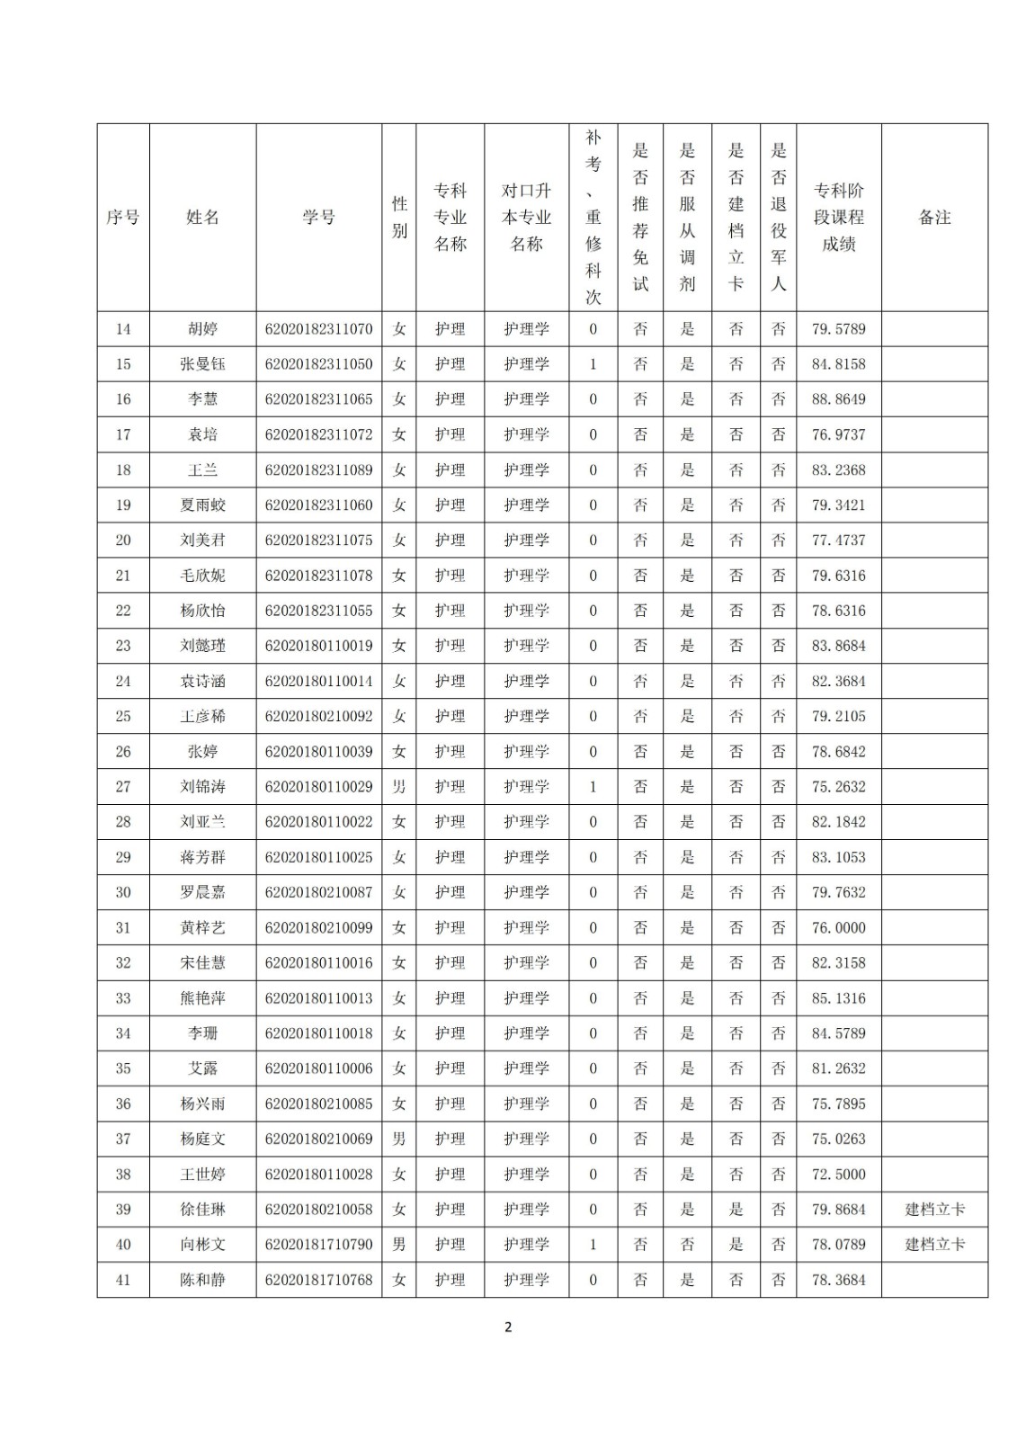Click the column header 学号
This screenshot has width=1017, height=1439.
318,218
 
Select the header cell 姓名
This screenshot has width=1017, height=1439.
202,218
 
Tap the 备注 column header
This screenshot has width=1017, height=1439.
934,218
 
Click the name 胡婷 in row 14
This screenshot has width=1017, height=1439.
202,329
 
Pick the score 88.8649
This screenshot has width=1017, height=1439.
838,399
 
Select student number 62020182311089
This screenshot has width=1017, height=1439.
318,470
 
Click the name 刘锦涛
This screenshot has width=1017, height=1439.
202,787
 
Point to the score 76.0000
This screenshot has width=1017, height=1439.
838,928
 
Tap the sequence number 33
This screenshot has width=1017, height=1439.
123,998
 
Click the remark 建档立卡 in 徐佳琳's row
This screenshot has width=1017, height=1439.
934,1210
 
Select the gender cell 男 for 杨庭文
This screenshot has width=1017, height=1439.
399,1140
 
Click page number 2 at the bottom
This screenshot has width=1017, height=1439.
508,1327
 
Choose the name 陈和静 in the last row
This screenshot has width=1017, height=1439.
202,1280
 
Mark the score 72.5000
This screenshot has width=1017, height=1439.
838,1175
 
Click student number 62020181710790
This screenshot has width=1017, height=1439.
318,1245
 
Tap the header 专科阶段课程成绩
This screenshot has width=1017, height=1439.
838,218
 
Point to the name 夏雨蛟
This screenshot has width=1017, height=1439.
202,505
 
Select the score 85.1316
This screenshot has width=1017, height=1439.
838,998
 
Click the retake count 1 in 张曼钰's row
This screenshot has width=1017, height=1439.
593,364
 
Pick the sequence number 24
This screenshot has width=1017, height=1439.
123,682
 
